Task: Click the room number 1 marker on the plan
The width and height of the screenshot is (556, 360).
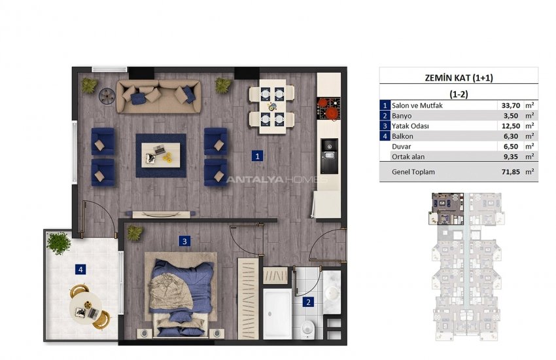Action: (x=258, y=156)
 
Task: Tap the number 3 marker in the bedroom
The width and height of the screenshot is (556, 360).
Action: (x=184, y=241)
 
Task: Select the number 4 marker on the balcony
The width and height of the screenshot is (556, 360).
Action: (x=80, y=270)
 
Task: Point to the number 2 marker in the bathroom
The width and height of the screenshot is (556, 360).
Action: (x=308, y=302)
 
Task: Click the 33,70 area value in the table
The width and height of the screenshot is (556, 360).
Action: (x=511, y=105)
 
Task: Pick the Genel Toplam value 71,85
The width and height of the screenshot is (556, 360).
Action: (x=511, y=171)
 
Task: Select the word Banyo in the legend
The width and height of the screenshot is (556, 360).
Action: (x=402, y=116)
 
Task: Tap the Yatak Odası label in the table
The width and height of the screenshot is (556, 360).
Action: (x=410, y=126)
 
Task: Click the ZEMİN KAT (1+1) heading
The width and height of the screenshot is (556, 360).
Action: (x=459, y=78)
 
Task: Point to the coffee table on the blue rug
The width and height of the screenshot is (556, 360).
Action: (x=161, y=155)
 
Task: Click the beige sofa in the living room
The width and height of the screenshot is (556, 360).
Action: (x=158, y=96)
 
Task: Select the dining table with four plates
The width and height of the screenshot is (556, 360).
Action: (x=272, y=106)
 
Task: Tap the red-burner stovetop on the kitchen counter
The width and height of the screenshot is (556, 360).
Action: (x=328, y=108)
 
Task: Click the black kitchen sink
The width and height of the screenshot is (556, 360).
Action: (x=330, y=156)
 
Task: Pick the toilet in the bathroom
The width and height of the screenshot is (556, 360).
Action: (x=307, y=327)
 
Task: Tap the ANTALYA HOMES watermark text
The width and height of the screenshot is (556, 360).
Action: (x=277, y=179)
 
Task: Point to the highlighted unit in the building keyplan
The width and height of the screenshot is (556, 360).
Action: (x=446, y=209)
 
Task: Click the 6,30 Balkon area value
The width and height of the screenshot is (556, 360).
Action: (x=511, y=136)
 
